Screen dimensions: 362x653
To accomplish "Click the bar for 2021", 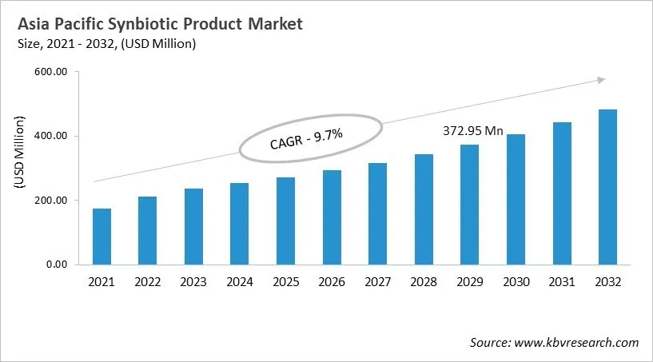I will (102, 237).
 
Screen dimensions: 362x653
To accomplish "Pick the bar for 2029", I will (469, 205).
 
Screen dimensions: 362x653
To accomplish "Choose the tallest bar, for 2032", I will (607, 187).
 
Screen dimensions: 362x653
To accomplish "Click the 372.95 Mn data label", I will (472, 131).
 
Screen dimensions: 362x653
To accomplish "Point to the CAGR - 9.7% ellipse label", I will (307, 141).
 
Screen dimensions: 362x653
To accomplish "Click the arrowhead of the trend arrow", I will (601, 79).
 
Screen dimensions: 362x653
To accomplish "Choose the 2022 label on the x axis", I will (148, 282).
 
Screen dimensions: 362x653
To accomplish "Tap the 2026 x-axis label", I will (332, 282).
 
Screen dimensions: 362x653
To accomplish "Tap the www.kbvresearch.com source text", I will (577, 342).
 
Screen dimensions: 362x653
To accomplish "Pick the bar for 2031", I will (561, 193).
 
